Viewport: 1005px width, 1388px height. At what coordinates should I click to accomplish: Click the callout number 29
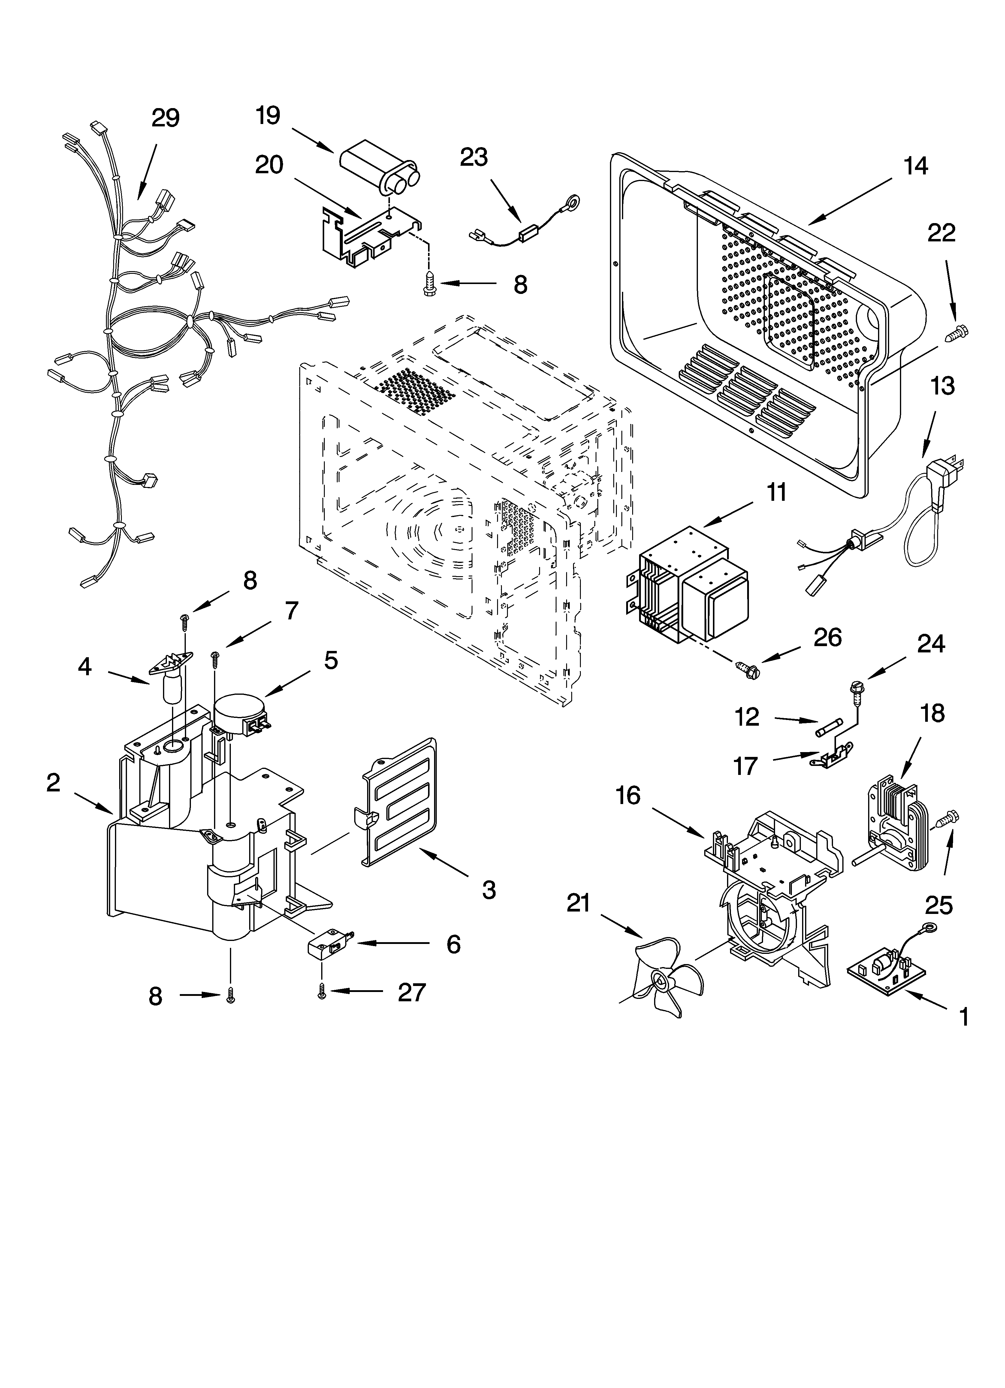click(165, 118)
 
